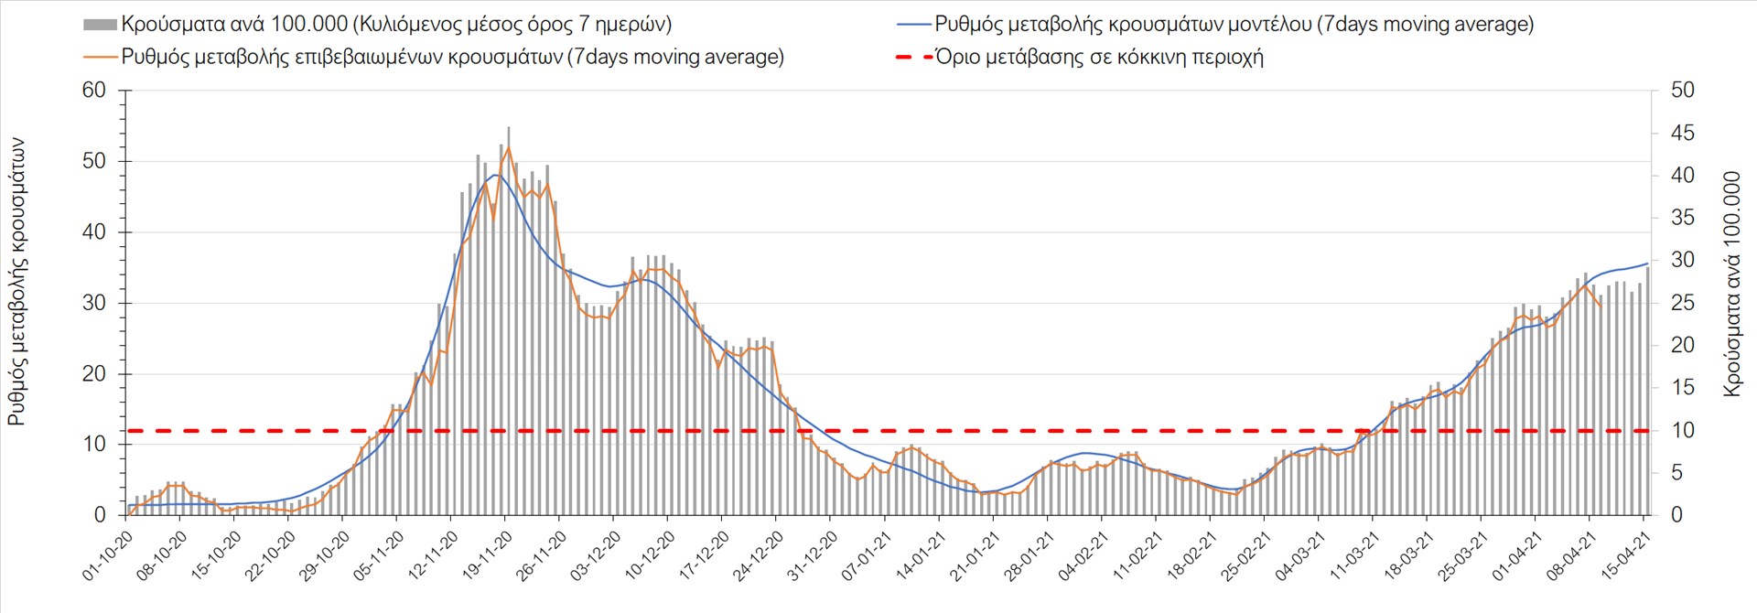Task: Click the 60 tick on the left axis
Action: pyautogui.click(x=94, y=91)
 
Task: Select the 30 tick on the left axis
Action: pyautogui.click(x=94, y=303)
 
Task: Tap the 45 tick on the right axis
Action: pyautogui.click(x=1682, y=134)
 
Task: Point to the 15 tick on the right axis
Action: pyautogui.click(x=1682, y=388)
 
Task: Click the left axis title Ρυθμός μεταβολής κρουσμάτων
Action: pyautogui.click(x=16, y=282)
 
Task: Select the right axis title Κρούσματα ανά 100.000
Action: pyautogui.click(x=1731, y=284)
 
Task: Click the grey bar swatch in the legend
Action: pyautogui.click(x=100, y=25)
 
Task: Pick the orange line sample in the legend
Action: pyautogui.click(x=100, y=57)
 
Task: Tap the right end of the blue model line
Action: pyautogui.click(x=1647, y=263)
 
